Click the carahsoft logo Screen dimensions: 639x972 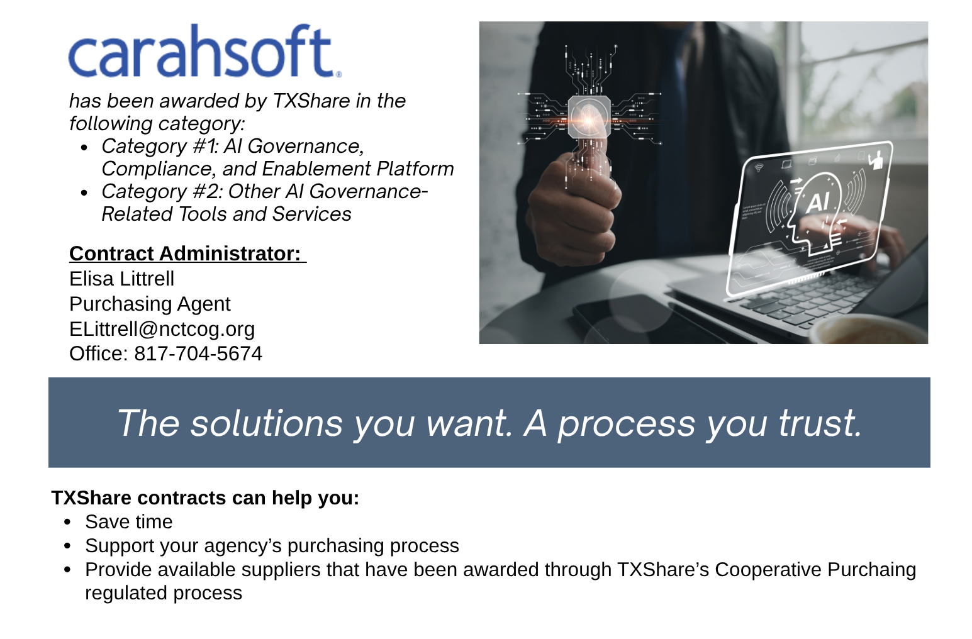click(x=204, y=52)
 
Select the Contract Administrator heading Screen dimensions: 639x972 click(x=187, y=253)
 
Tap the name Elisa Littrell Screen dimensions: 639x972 click(x=121, y=279)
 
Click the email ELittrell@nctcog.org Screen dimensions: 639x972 click(x=162, y=329)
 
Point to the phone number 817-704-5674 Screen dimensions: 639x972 click(x=198, y=354)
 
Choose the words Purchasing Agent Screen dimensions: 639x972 click(x=150, y=304)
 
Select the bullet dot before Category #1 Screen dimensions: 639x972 click(x=85, y=148)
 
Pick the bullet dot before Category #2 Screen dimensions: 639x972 click(x=85, y=193)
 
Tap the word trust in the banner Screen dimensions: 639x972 click(x=819, y=423)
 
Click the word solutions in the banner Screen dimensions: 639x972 click(x=267, y=423)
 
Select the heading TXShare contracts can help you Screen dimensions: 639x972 click(x=205, y=497)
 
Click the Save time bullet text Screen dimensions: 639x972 click(x=129, y=522)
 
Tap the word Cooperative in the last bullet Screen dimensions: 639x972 click(x=768, y=569)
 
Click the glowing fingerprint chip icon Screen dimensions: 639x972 click(x=589, y=116)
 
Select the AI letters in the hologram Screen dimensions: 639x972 click(x=817, y=203)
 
